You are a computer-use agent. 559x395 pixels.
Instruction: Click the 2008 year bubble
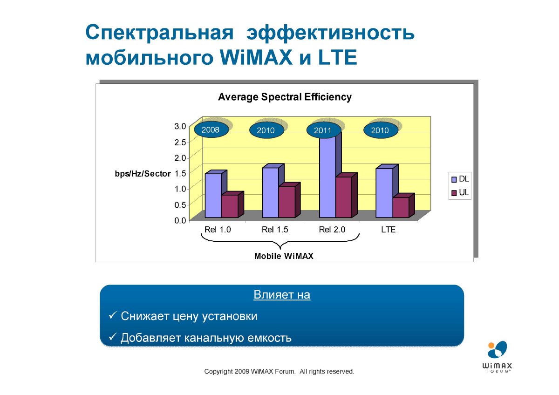click(211, 130)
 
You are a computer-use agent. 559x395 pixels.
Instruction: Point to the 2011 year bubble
click(324, 130)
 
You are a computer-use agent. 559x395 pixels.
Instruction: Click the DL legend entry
click(460, 179)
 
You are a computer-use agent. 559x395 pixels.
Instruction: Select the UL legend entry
click(460, 192)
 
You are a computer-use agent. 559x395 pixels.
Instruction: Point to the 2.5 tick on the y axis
click(180, 142)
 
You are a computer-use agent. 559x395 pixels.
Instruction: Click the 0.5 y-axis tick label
click(180, 205)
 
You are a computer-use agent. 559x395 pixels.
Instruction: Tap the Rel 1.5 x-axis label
click(275, 229)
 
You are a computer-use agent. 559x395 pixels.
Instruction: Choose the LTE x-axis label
click(388, 229)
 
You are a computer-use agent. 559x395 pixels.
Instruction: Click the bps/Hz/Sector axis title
click(143, 174)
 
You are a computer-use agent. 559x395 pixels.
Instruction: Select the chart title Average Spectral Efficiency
click(285, 97)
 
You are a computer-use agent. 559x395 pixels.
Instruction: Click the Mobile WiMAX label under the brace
click(284, 256)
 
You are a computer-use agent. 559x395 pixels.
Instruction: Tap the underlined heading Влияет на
click(282, 295)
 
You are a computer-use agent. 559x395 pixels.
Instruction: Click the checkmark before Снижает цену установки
click(113, 315)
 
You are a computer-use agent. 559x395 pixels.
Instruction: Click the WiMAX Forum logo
click(497, 357)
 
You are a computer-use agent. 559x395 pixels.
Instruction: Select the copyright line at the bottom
click(279, 371)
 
